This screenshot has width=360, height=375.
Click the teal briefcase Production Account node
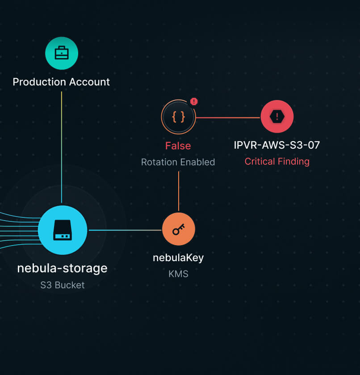62,54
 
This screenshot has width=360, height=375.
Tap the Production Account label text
61,82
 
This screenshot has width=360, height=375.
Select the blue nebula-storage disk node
63,230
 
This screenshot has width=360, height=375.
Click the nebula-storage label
62,268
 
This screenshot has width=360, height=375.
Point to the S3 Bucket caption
62,285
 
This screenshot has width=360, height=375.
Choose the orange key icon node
179,229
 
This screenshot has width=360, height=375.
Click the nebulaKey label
178,258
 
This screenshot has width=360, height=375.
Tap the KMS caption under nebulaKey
178,274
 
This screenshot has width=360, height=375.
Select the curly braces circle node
178,117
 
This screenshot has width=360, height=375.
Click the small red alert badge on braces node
193,101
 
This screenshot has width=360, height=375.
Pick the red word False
178,146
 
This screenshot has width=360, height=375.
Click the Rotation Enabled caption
178,162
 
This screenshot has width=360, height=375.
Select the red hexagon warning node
277,117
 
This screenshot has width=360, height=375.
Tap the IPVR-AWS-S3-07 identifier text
277,145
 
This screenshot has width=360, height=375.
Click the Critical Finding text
277,162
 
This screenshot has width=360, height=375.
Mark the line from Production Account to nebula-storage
62,147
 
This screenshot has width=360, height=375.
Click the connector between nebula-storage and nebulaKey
125,230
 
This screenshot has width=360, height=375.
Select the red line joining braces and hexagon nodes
228,118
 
